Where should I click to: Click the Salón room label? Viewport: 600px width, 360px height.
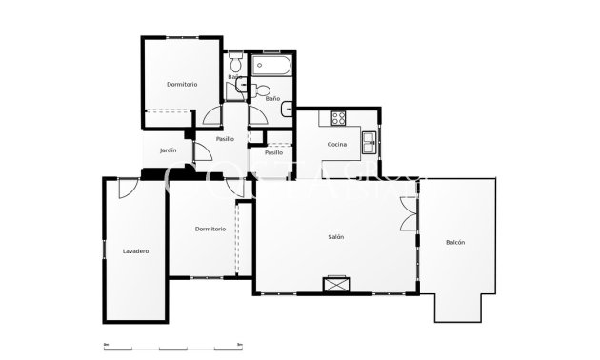[x=336, y=237]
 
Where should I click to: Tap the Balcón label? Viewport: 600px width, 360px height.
[x=455, y=243]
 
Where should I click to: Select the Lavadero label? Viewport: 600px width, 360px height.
[x=136, y=251]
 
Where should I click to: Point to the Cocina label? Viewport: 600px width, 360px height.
[x=336, y=144]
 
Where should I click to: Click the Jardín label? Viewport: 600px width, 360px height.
[x=169, y=150]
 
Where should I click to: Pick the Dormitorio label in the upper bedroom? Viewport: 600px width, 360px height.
[x=182, y=85]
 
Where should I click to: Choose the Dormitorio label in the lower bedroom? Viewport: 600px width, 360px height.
[x=210, y=229]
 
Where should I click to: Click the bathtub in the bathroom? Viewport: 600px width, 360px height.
[x=273, y=67]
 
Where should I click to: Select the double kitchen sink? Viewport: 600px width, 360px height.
[x=368, y=143]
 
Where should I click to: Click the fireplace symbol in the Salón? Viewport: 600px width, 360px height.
[x=336, y=284]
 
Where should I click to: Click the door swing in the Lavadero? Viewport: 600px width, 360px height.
[x=123, y=190]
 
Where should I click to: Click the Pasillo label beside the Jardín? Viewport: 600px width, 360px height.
[x=225, y=139]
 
